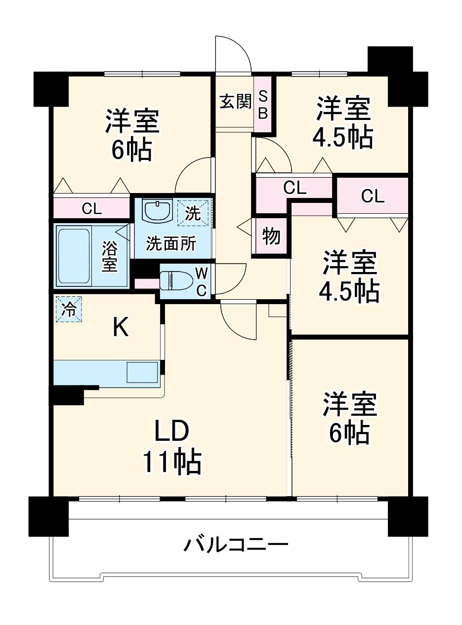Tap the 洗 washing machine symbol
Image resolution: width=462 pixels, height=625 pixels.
tap(193, 213)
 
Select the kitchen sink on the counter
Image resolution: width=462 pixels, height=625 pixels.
tap(142, 372)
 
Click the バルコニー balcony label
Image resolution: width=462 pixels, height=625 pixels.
tap(236, 546)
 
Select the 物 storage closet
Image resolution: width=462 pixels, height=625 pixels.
tap(271, 236)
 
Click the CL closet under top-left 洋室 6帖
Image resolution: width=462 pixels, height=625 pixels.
tap(92, 208)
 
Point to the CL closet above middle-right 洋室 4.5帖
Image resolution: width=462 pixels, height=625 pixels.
tap(372, 196)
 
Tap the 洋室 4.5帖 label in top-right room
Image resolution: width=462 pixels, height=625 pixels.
tap(343, 123)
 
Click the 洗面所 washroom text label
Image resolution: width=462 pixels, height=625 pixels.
tap(171, 243)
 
